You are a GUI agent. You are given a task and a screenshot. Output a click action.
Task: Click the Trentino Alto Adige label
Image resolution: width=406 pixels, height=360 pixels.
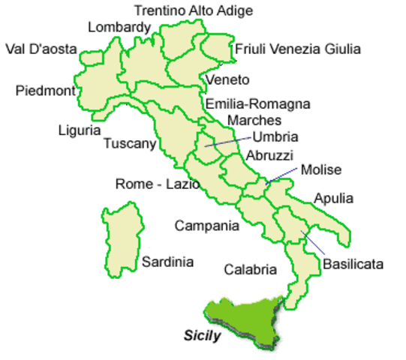point(193,10)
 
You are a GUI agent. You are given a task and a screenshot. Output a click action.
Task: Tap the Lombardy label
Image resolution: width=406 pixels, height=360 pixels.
point(119,28)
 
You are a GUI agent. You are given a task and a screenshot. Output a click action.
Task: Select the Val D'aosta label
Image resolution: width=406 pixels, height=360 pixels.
point(41,49)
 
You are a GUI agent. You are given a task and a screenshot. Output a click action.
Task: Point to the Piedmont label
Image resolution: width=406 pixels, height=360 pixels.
point(45,91)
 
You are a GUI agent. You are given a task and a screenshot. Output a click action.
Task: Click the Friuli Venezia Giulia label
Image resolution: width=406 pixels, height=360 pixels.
point(298,49)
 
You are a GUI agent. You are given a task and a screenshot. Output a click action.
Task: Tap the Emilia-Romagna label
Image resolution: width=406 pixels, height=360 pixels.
point(257,104)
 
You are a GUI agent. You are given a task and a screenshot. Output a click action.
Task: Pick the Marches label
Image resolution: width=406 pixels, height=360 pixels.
point(254,120)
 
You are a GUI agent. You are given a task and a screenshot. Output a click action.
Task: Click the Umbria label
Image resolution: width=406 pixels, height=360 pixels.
point(276,136)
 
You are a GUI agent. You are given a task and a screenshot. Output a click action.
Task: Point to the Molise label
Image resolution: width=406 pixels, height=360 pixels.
point(320,170)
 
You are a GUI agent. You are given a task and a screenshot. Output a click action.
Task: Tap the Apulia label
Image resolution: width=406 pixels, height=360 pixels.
point(334,199)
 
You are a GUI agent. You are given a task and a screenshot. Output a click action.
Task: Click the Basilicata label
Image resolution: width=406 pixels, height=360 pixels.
point(353,264)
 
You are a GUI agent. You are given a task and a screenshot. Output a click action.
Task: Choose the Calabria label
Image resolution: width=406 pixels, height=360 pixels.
point(248,269)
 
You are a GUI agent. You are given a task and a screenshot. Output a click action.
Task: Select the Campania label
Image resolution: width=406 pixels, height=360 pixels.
point(206,225)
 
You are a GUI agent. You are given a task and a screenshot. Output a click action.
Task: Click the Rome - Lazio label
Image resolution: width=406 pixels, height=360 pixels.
point(157,184)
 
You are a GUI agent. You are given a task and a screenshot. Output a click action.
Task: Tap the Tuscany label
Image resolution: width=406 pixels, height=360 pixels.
point(129,143)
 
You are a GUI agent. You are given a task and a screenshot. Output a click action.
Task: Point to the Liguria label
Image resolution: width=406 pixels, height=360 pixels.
point(79,130)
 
